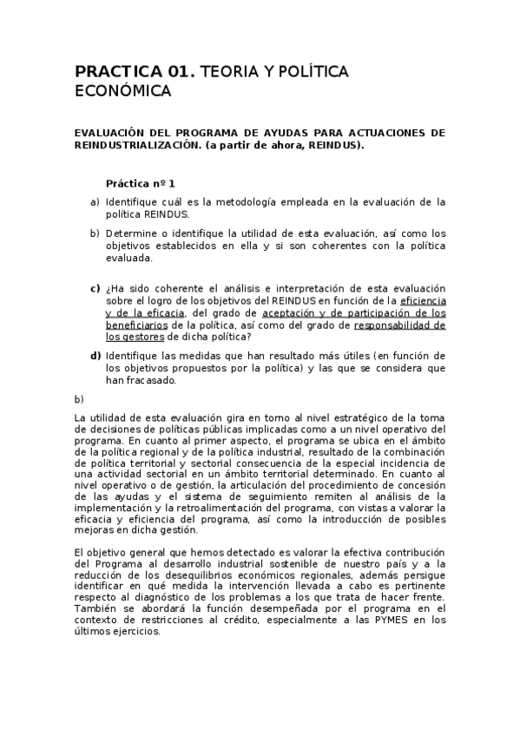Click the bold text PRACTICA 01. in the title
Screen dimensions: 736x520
pyautogui.click(x=135, y=72)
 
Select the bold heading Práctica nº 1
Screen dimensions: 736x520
pyautogui.click(x=140, y=183)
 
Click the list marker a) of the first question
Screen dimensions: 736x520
pyautogui.click(x=95, y=201)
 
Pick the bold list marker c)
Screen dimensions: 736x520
pyautogui.click(x=95, y=288)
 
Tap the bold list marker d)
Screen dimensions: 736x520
pyautogui.click(x=95, y=356)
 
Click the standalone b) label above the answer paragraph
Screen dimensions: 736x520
pyautogui.click(x=79, y=399)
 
